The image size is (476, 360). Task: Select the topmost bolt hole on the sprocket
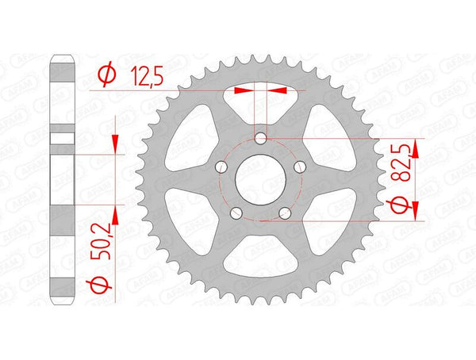tap(260, 140)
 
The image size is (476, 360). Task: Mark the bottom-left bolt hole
tap(236, 212)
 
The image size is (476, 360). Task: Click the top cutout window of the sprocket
tap(260, 101)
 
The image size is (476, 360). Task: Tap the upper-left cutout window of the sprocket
tap(190, 135)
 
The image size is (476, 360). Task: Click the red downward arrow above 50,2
tap(116, 143)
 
